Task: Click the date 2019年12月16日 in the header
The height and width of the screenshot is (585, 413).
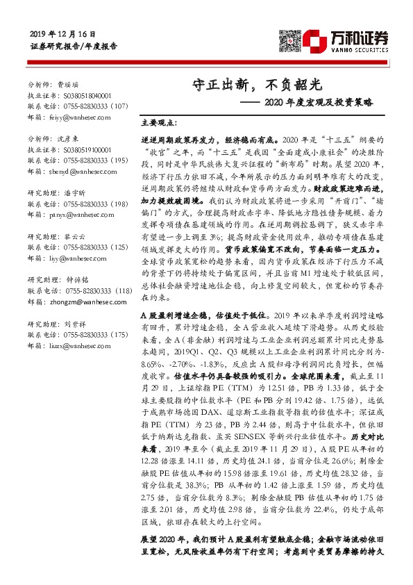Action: click(63, 34)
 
